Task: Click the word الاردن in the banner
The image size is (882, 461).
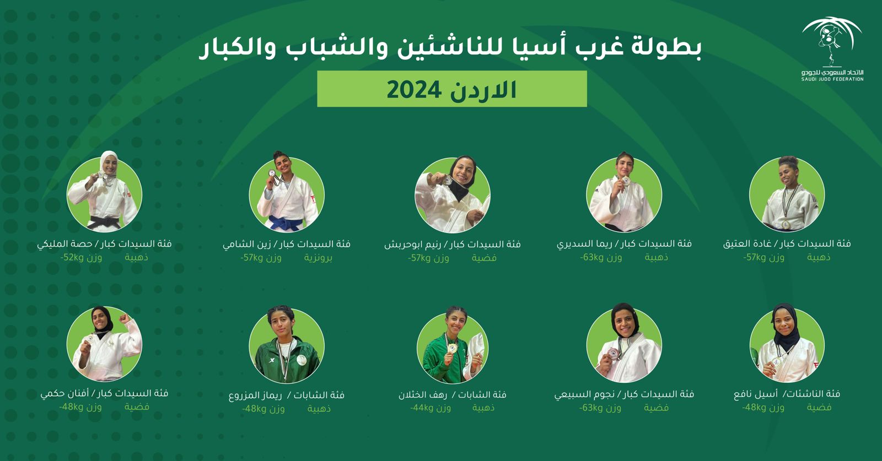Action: click(x=483, y=90)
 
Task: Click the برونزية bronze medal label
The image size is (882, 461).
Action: click(x=318, y=258)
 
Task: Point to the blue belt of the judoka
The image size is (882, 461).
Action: click(x=286, y=223)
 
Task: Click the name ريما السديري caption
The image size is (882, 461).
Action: click(x=585, y=244)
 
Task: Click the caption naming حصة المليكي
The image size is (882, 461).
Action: click(x=64, y=244)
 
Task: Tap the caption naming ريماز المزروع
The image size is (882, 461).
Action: click(x=255, y=395)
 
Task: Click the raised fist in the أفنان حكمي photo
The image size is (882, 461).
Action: click(x=125, y=317)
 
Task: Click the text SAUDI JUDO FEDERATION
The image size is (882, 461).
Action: click(x=832, y=79)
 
